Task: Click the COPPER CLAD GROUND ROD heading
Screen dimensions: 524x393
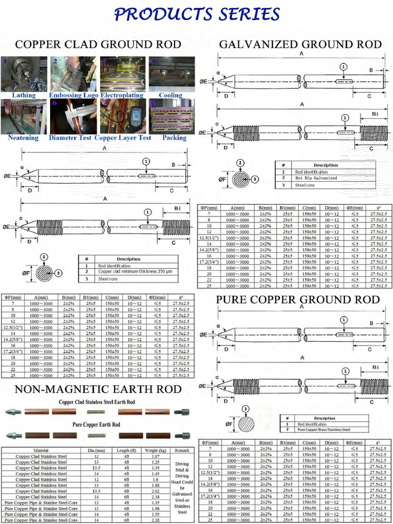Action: [x=98, y=45]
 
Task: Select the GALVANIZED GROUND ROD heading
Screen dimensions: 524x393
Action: [x=300, y=45]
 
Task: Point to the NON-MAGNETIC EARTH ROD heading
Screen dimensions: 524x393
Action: [x=98, y=389]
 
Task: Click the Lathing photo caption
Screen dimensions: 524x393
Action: [x=24, y=95]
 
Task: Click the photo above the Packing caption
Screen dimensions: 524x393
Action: [x=171, y=116]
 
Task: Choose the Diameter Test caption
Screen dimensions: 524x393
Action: [x=71, y=138]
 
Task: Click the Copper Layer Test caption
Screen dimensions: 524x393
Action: [x=123, y=138]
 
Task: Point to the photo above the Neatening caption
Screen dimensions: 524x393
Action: [x=24, y=116]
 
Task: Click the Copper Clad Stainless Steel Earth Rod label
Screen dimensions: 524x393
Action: [x=97, y=402]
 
